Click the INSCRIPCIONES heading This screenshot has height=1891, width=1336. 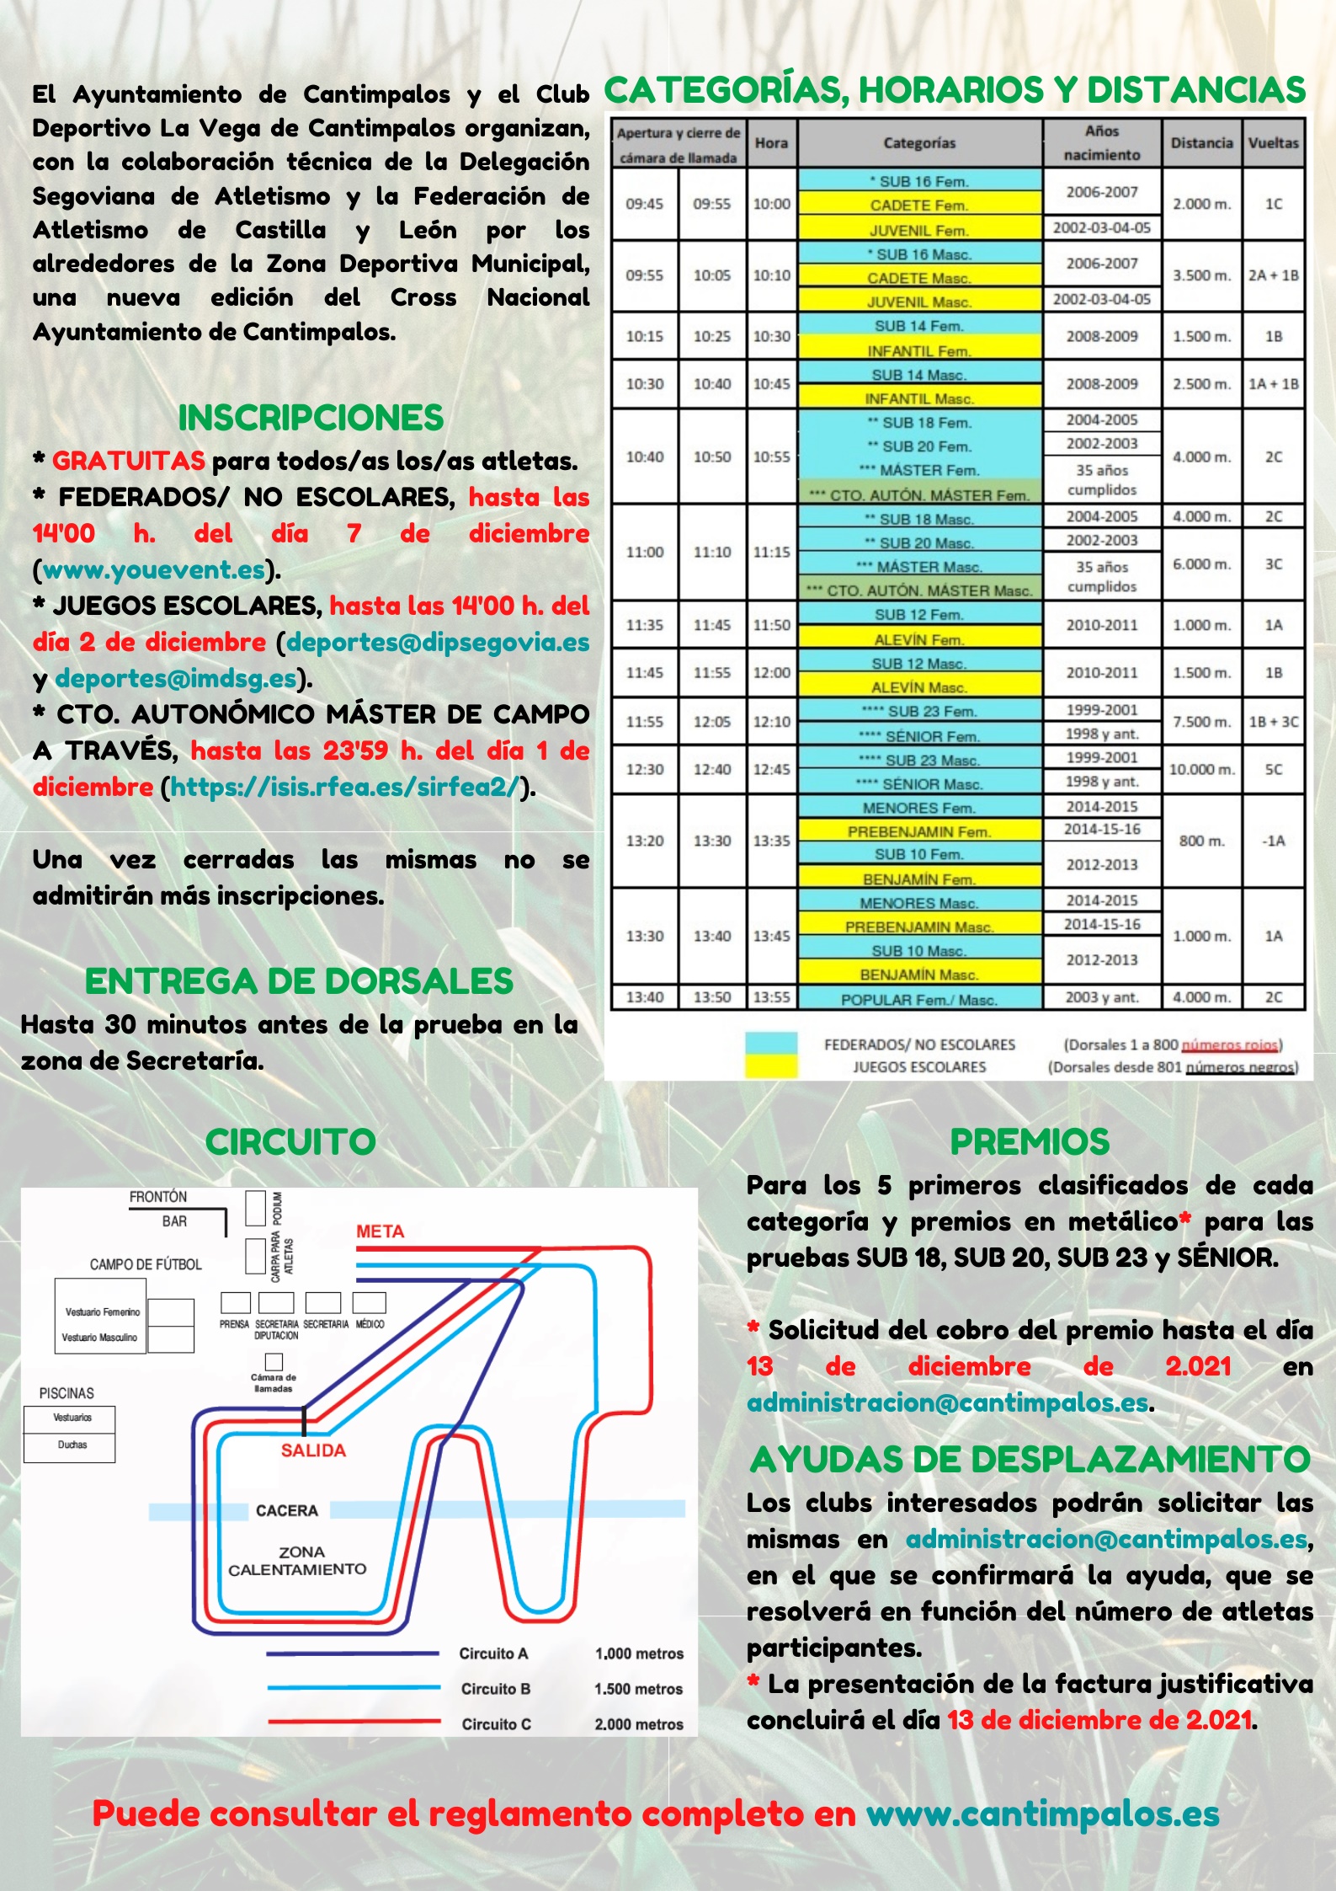coord(311,418)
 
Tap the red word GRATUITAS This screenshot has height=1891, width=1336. coord(128,461)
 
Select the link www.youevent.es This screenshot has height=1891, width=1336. coord(154,570)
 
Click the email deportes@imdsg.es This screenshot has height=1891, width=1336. coord(176,678)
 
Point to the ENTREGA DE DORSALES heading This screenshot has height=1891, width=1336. coord(299,981)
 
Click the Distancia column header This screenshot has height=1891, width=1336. coord(1201,143)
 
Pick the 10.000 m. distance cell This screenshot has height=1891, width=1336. coord(1201,770)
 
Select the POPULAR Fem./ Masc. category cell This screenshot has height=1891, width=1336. coord(919,1000)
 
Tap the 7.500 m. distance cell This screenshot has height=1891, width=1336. coord(1201,722)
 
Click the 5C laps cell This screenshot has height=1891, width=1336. coord(1274,770)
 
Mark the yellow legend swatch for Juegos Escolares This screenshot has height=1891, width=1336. coord(770,1066)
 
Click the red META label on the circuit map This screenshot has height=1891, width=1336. coord(380,1231)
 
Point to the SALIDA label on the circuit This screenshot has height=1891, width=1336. coord(313,1450)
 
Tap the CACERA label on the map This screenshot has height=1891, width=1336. coord(287,1511)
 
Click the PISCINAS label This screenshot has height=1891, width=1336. coord(67,1393)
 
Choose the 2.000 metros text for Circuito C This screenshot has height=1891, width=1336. coord(639,1724)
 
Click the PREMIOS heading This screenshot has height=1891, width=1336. coord(1030,1142)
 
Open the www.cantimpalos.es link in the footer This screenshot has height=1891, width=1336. coord(1042,1814)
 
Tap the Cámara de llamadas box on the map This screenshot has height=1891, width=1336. coord(274,1362)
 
